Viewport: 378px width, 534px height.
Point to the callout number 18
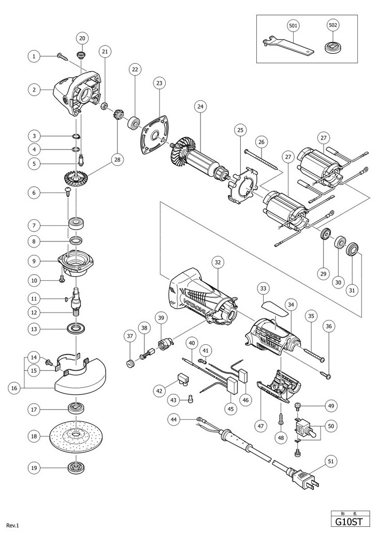pos(34,436)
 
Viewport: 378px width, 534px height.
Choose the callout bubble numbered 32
pos(217,263)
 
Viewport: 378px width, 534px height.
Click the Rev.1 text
pos(12,525)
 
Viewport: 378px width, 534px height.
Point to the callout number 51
pos(331,461)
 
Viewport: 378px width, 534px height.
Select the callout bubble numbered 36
pos(329,326)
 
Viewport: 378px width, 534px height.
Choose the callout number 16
pos(15,387)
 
